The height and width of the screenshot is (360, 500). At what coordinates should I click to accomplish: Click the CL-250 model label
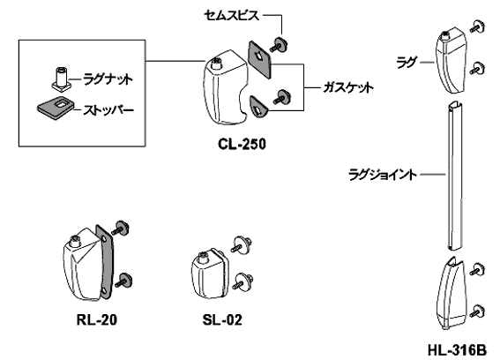[242, 144]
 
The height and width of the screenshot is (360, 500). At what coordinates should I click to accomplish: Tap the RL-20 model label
[97, 319]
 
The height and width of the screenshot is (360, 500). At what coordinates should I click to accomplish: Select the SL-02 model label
[222, 319]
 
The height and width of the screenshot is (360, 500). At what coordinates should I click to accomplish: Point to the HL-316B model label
[457, 350]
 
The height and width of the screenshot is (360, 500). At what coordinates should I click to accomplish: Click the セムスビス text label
[231, 15]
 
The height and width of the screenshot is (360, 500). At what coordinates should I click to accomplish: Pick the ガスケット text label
[348, 87]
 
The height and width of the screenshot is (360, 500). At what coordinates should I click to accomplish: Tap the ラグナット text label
[108, 79]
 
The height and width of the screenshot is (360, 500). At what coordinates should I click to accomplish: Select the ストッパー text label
[108, 110]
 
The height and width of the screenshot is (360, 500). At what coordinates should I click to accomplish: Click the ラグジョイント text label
[383, 175]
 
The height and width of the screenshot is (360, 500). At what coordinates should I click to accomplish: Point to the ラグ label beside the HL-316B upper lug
[407, 63]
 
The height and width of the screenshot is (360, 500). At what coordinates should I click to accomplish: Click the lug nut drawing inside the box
[61, 79]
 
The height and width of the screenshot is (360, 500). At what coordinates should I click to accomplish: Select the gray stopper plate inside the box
[56, 108]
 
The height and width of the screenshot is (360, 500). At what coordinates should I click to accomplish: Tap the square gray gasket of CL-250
[259, 59]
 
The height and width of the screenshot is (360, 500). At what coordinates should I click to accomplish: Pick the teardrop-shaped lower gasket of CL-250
[258, 107]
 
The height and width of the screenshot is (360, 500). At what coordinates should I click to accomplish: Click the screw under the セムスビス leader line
[279, 44]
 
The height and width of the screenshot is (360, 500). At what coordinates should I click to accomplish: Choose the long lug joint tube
[454, 176]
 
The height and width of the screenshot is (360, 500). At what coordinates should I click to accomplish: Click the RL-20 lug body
[81, 264]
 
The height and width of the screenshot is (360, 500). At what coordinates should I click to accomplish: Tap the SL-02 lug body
[208, 274]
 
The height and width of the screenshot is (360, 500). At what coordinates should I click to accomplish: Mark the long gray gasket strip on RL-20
[105, 262]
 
